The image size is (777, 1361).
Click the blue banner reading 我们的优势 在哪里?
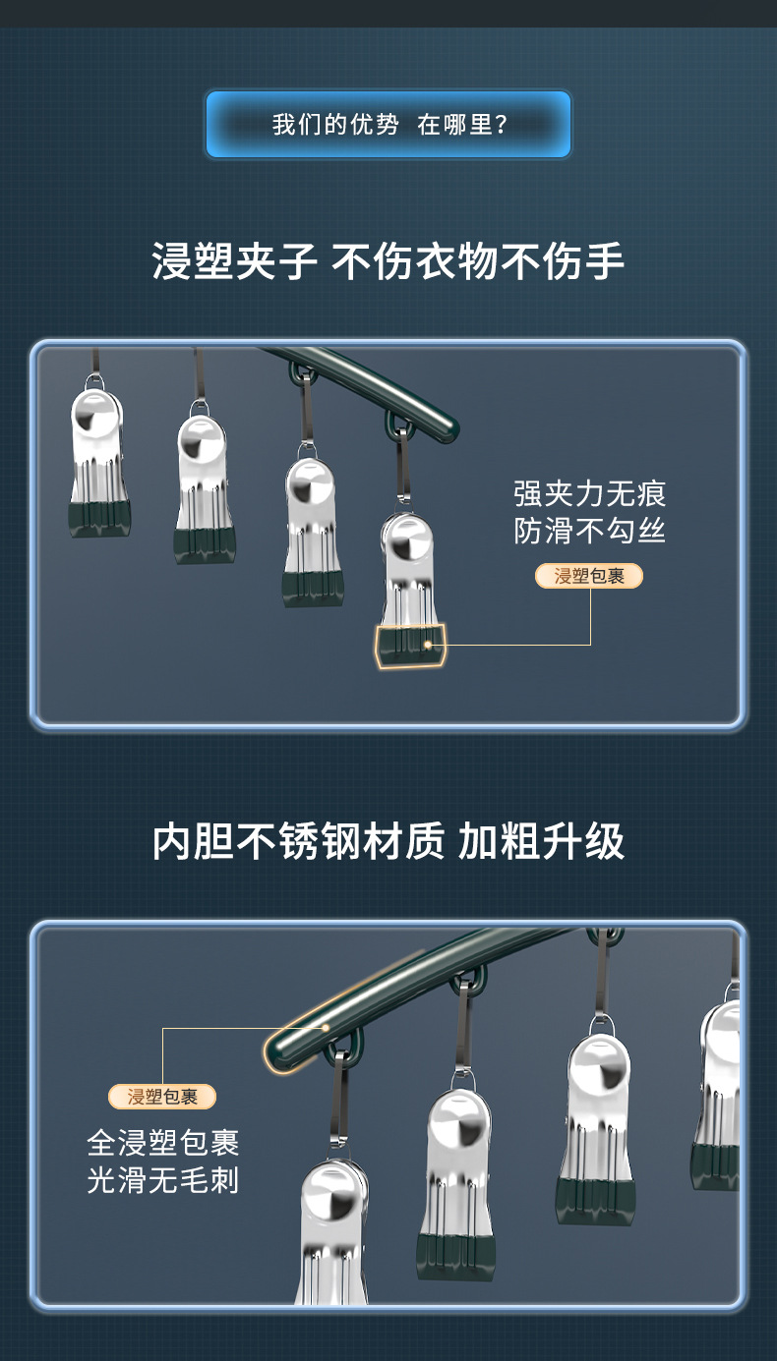(388, 125)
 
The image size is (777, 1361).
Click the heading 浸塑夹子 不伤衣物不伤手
(388, 261)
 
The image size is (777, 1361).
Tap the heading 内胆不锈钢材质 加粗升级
(388, 841)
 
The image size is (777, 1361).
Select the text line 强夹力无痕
(589, 493)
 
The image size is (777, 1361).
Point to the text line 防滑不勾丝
(589, 531)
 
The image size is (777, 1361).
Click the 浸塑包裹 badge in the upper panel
(588, 576)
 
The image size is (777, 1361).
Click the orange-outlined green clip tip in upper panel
(410, 646)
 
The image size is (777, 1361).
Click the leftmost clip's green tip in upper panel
(99, 519)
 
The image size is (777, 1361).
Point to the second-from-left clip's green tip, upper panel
(205, 545)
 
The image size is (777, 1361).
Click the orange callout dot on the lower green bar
(326, 1028)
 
